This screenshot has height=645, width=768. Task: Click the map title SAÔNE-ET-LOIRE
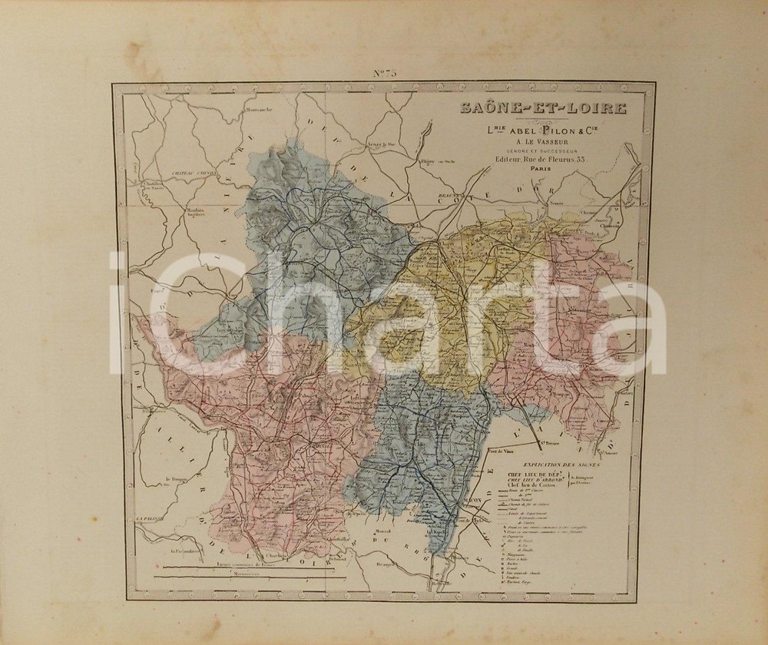(543, 108)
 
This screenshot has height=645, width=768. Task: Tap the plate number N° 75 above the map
(384, 74)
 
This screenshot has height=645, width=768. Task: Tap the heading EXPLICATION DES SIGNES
(564, 465)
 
